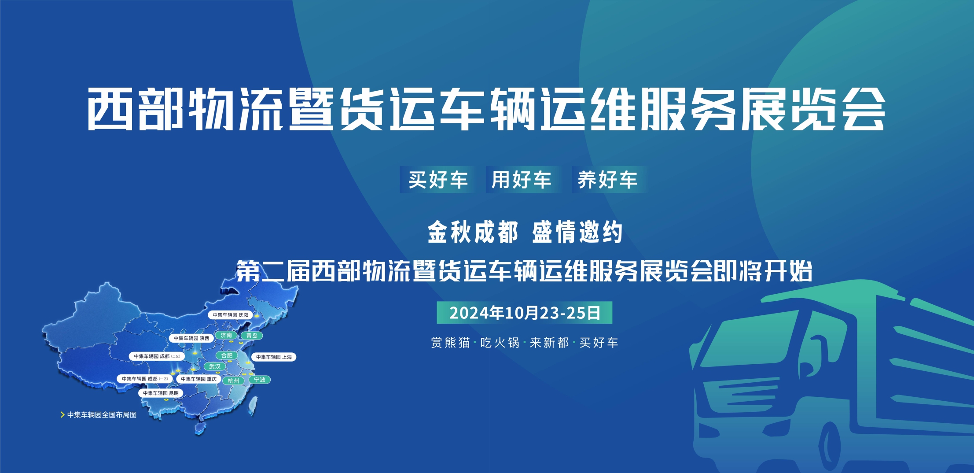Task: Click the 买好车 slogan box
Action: [x=437, y=180]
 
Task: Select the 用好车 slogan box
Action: [x=522, y=180]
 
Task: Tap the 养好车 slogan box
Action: [x=608, y=180]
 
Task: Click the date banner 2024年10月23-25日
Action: [x=524, y=313]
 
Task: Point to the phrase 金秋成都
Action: [x=472, y=232]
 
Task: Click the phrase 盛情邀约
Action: [x=577, y=232]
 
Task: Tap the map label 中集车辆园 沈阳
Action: [x=231, y=315]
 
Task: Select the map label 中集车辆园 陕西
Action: [x=191, y=338]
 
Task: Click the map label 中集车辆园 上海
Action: [x=274, y=357]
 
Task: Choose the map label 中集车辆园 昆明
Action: [x=161, y=393]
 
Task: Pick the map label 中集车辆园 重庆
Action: [x=198, y=379]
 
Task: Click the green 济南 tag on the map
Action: [x=226, y=335]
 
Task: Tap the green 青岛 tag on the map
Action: [x=252, y=336]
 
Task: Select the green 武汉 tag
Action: [x=215, y=366]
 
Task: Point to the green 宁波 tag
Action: [x=260, y=380]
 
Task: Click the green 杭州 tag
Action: [x=233, y=381]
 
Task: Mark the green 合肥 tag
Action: [x=227, y=355]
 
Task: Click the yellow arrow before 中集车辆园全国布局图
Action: [x=62, y=415]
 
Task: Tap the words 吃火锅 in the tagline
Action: [x=500, y=343]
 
